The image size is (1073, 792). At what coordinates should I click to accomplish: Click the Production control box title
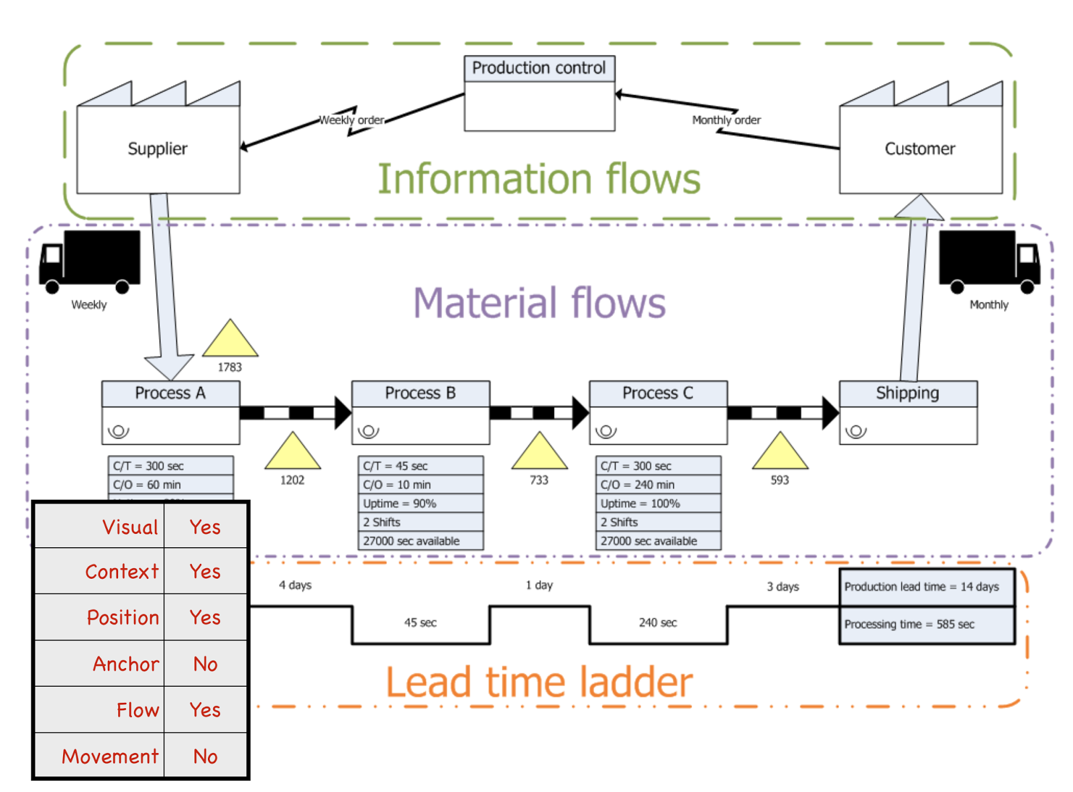pyautogui.click(x=539, y=68)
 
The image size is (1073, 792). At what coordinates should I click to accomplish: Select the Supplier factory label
pyautogui.click(x=158, y=148)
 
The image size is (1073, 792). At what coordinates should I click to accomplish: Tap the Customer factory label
pyautogui.click(x=919, y=148)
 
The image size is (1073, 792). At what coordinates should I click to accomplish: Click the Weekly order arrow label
pyautogui.click(x=351, y=120)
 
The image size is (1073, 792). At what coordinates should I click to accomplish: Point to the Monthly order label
pyautogui.click(x=726, y=120)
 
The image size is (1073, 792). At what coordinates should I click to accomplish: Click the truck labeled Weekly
pyautogui.click(x=90, y=262)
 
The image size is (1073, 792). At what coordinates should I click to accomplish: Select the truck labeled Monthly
pyautogui.click(x=989, y=262)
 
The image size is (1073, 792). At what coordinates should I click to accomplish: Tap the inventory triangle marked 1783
pyautogui.click(x=230, y=341)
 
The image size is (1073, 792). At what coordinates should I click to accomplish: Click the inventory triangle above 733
pyautogui.click(x=539, y=453)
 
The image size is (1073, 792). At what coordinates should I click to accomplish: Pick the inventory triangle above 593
pyautogui.click(x=780, y=453)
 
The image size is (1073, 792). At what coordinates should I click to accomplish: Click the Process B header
pyautogui.click(x=420, y=393)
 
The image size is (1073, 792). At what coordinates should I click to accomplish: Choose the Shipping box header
pyautogui.click(x=907, y=393)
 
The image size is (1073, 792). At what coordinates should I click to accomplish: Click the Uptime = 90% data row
pyautogui.click(x=420, y=504)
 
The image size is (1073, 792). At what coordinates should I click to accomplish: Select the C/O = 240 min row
pyautogui.click(x=658, y=485)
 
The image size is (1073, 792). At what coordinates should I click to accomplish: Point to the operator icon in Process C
pyautogui.click(x=606, y=431)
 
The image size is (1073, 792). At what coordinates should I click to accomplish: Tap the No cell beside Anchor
pyautogui.click(x=205, y=664)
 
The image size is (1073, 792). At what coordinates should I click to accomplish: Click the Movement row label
pyautogui.click(x=110, y=756)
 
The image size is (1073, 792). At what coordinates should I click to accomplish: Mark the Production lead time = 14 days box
pyautogui.click(x=926, y=587)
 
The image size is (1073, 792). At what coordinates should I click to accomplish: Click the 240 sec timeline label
pyautogui.click(x=658, y=623)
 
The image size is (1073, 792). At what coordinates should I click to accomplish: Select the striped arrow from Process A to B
pyautogui.click(x=295, y=412)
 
